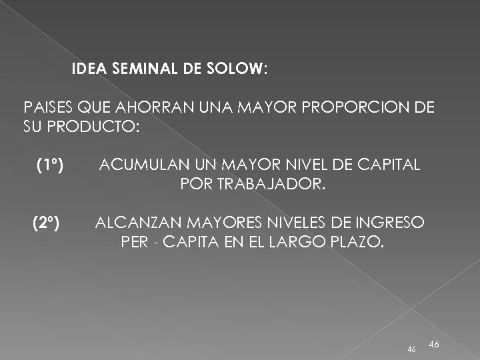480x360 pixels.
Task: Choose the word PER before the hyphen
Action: coord(135,240)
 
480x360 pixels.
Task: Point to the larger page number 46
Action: coord(433,343)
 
